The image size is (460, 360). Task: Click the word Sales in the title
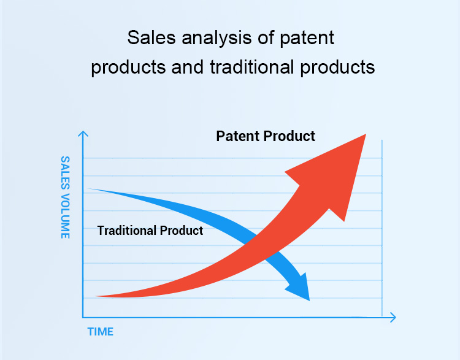click(151, 37)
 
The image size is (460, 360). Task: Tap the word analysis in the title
click(217, 39)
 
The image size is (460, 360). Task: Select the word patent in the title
click(307, 39)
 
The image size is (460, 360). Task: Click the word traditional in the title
click(252, 67)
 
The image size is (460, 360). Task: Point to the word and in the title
click(188, 67)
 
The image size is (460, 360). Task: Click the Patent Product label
click(266, 136)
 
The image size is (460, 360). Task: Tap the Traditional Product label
click(150, 231)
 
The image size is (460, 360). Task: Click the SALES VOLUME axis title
click(65, 197)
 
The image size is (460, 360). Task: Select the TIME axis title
click(101, 332)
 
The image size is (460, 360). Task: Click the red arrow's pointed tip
click(366, 134)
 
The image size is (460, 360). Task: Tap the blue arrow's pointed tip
click(310, 301)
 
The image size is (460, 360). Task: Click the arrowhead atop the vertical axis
click(83, 132)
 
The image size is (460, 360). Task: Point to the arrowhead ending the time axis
click(396, 317)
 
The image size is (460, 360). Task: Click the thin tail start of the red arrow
click(96, 296)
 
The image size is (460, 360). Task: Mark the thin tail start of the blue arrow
click(89, 189)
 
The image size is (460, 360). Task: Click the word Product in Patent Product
click(289, 136)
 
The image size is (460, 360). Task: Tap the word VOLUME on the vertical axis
click(65, 216)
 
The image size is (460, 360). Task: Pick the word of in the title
click(266, 37)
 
